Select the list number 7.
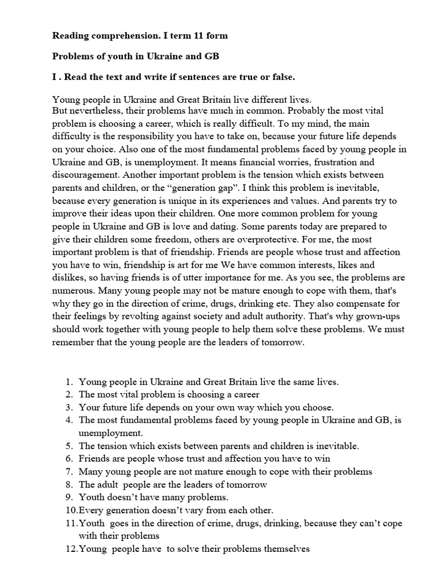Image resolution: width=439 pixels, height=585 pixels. (68, 471)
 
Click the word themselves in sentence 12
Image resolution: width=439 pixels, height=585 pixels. (288, 549)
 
